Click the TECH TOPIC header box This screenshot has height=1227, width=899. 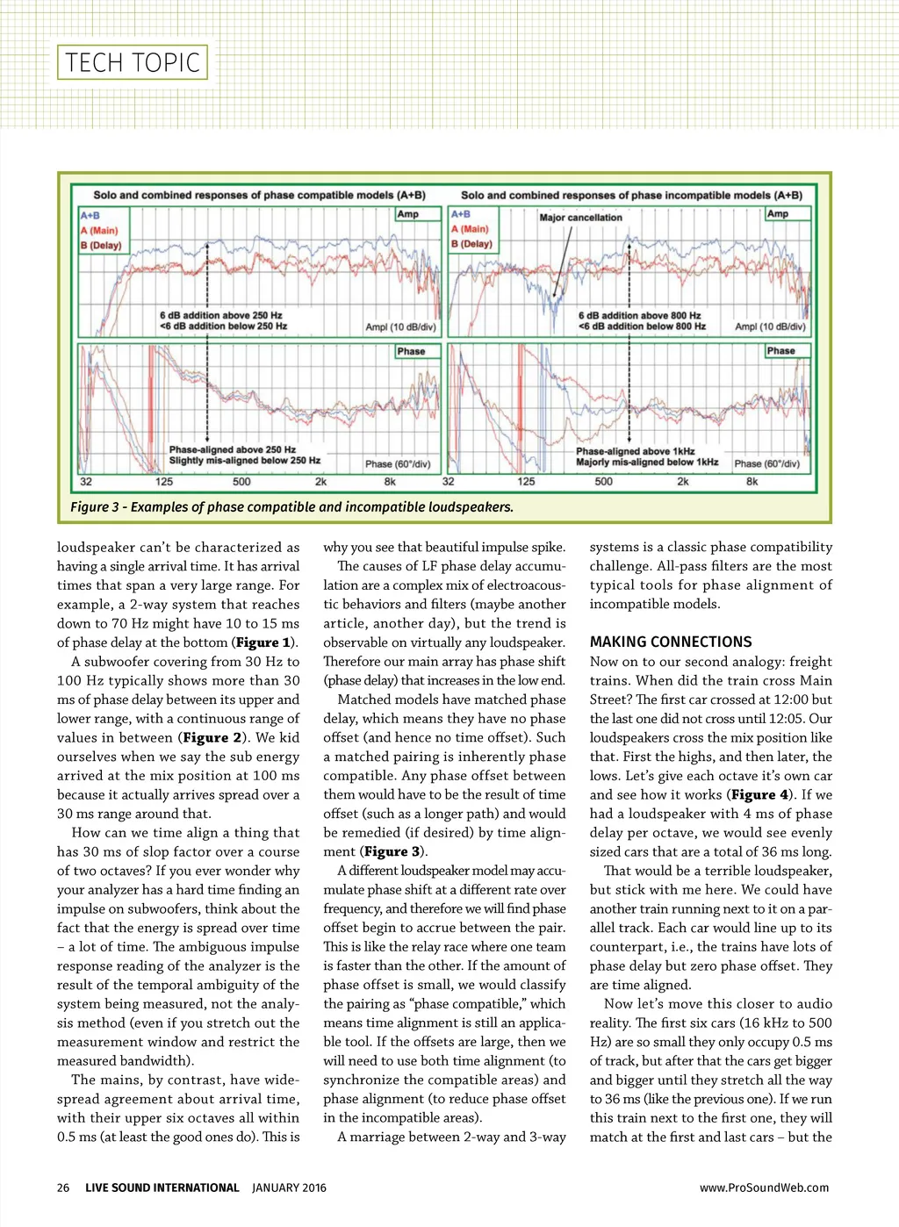click(133, 62)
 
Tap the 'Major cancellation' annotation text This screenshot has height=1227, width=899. click(580, 217)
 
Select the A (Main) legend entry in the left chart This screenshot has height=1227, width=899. click(99, 230)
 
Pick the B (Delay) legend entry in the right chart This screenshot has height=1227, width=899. click(471, 243)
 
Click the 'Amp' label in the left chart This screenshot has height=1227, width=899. click(407, 213)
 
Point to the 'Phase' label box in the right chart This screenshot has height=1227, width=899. click(780, 350)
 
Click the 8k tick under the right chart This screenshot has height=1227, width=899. click(752, 481)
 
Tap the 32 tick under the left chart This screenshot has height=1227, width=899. click(86, 481)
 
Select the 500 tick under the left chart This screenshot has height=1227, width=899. click(241, 481)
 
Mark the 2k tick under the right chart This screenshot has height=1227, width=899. click(682, 481)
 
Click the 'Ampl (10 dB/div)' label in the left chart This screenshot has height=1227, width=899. click(400, 326)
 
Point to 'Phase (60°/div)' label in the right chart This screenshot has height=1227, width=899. click(766, 463)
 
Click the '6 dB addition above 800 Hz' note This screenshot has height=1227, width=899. click(639, 315)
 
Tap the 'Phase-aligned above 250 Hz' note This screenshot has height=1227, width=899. click(232, 449)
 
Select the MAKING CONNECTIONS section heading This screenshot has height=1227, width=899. click(671, 642)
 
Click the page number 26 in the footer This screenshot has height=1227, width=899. click(63, 1188)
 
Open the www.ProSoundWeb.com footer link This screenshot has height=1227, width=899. click(764, 1188)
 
